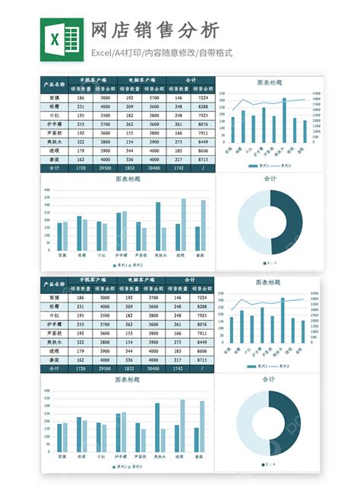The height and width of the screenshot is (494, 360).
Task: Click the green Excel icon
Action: click(x=62, y=37)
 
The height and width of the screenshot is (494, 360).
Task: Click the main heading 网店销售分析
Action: click(x=155, y=30)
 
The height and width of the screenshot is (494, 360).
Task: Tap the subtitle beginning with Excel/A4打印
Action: click(x=161, y=53)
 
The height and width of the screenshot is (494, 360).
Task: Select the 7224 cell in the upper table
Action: click(x=203, y=98)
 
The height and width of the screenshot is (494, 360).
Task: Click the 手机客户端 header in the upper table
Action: click(x=93, y=79)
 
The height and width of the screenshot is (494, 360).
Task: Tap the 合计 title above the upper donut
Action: click(x=270, y=179)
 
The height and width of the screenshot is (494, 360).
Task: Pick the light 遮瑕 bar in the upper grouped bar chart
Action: click(x=183, y=226)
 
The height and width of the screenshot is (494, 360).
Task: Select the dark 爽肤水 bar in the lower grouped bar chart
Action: click(x=158, y=429)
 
